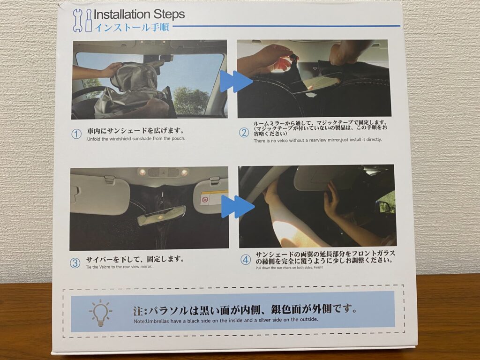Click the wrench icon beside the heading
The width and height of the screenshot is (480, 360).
point(77,20)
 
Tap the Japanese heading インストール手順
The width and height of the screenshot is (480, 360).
point(132,27)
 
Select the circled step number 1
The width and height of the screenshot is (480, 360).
point(76,134)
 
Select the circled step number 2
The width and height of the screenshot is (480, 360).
point(244,133)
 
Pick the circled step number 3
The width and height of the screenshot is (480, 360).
point(75,263)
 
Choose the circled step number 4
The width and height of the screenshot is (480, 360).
point(246,260)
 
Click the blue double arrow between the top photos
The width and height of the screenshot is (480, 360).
point(236,81)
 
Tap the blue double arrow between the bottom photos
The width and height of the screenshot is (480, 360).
point(238,206)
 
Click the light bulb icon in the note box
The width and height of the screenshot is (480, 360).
point(101,313)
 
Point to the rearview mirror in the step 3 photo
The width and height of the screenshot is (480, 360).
point(161,216)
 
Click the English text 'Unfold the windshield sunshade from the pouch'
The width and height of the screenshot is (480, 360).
point(136,139)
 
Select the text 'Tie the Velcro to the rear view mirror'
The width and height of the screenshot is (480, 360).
point(119,267)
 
